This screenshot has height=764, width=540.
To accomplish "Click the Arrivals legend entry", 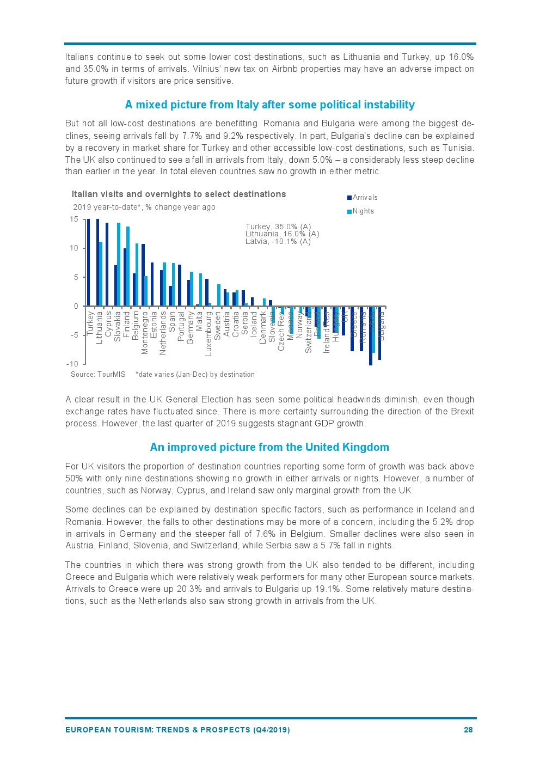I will point(364,198).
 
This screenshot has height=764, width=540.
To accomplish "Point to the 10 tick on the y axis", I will point(74,248).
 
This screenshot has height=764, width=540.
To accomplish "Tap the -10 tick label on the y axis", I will point(72,364).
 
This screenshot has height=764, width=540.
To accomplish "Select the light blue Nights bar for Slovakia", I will point(119,264).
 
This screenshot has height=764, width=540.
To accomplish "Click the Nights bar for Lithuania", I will point(101,274).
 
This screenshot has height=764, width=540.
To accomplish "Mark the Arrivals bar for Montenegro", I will point(143,275).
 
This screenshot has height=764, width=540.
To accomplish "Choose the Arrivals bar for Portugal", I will point(180,285).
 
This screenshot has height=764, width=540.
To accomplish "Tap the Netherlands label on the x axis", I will point(163,333).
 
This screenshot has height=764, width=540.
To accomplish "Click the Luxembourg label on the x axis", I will point(208,334).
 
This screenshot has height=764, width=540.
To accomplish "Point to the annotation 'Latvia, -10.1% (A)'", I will point(278,241).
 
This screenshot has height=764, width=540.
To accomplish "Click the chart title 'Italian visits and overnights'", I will point(179,194).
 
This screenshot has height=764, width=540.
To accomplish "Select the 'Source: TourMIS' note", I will point(98,375).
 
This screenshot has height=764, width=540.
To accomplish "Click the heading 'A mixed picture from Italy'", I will point(269,105).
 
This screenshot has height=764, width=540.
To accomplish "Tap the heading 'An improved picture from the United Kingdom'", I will point(269,447).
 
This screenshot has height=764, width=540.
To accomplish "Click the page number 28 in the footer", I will point(468,730).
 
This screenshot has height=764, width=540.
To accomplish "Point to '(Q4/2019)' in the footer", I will point(271,730).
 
